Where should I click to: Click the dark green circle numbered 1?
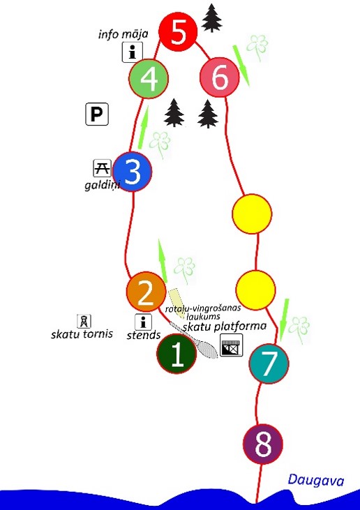click(x=177, y=354)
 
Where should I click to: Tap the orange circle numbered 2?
click(x=146, y=292)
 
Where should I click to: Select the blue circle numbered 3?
click(x=133, y=172)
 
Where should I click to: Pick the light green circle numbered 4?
click(x=149, y=78)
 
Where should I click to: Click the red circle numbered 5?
click(x=178, y=32)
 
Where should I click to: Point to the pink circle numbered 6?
click(x=220, y=77)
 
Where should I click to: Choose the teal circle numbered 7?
click(x=269, y=363)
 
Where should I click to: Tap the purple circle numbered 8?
click(x=263, y=444)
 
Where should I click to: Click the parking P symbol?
click(x=97, y=114)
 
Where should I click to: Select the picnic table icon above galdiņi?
click(x=103, y=168)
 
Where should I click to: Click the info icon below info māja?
click(x=133, y=52)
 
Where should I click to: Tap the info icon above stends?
click(x=143, y=322)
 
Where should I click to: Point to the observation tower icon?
click(x=84, y=322)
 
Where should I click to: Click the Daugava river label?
click(x=316, y=481)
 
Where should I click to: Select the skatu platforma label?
click(x=225, y=327)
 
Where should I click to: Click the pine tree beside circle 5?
click(x=211, y=18)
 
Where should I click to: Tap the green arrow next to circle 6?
click(x=241, y=66)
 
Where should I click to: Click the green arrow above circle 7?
click(x=284, y=320)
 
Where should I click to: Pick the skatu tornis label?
click(x=82, y=334)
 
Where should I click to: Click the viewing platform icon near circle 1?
click(x=231, y=345)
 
